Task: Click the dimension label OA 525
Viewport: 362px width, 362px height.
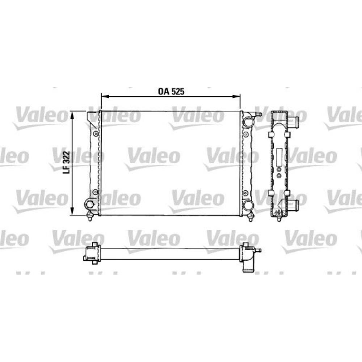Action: (171, 91)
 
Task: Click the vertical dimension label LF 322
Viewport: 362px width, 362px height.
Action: (66, 163)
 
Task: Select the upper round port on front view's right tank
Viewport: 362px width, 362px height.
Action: (248, 122)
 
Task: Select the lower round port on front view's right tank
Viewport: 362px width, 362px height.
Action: (248, 205)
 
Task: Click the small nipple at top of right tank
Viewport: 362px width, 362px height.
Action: (258, 115)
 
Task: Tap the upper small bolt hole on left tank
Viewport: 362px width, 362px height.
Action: (95, 134)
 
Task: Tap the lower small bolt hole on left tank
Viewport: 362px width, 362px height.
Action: (95, 192)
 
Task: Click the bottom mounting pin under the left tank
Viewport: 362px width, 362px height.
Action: (90, 217)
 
